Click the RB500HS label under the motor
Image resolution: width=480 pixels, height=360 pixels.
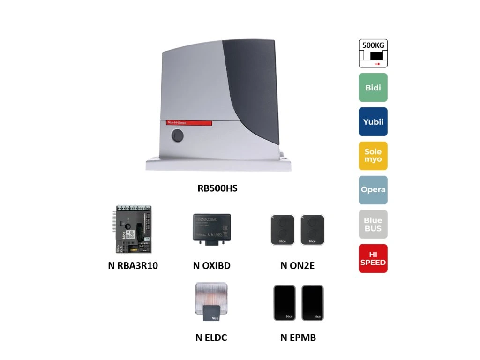point(217,188)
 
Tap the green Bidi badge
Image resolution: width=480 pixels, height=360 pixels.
point(373,88)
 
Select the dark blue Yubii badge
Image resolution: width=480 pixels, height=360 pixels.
point(373,122)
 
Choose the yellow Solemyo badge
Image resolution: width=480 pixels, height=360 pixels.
point(373,156)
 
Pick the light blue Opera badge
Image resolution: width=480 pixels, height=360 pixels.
point(373,190)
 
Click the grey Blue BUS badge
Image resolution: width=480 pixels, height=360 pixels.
point(373,224)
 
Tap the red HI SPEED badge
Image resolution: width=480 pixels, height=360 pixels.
point(373,258)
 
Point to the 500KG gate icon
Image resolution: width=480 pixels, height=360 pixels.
point(373,53)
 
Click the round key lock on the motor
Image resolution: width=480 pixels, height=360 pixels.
point(178,136)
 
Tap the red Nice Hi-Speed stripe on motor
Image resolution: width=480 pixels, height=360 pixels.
point(187,123)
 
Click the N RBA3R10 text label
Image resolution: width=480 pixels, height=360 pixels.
point(133,266)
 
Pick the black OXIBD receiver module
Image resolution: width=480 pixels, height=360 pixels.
point(211,228)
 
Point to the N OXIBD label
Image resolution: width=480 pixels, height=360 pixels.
point(211,266)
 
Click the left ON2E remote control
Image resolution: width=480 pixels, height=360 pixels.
point(282,230)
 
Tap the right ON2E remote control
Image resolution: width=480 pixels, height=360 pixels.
point(312,230)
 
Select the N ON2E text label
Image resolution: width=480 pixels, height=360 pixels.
point(297,266)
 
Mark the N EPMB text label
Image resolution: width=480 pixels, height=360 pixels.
point(298,337)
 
